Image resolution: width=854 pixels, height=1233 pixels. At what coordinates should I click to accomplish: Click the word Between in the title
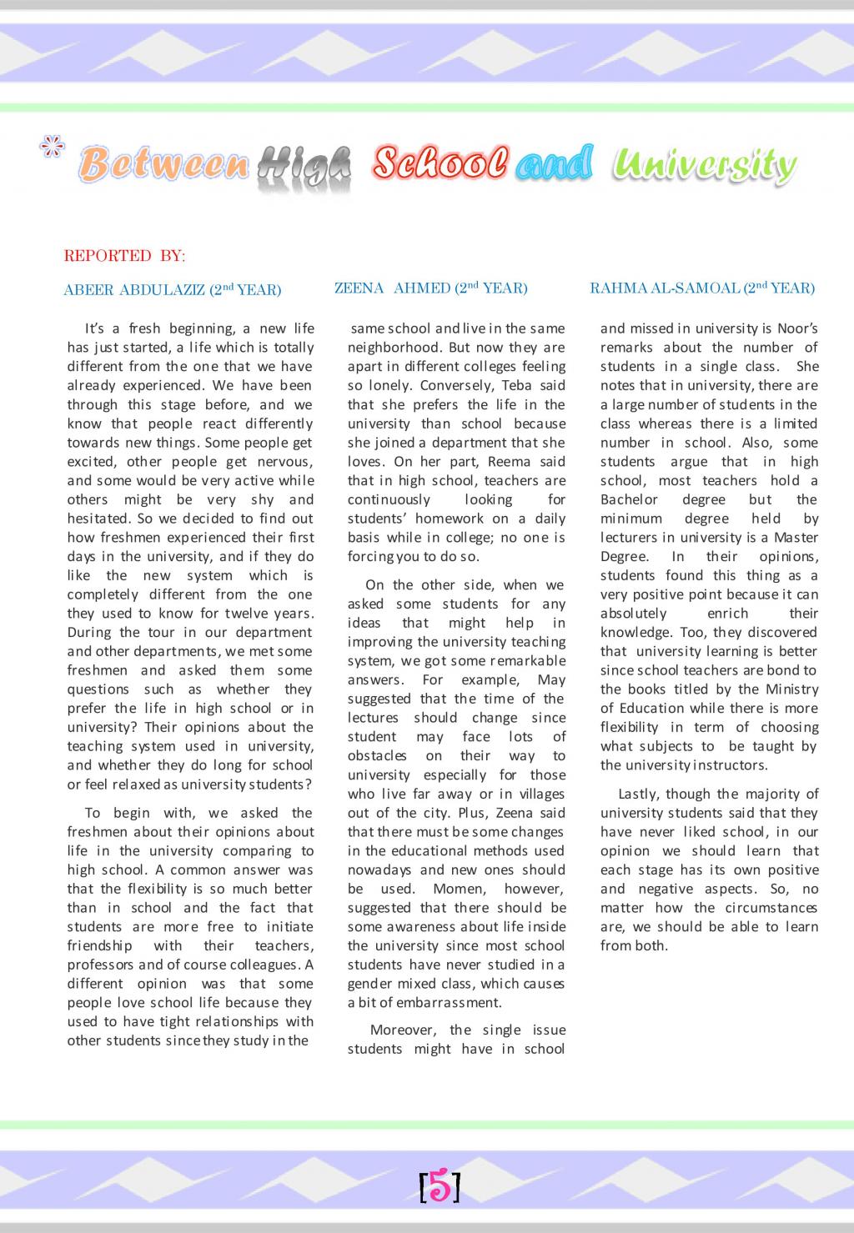coord(164,164)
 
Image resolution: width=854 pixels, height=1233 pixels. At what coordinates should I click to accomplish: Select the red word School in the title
coord(440,162)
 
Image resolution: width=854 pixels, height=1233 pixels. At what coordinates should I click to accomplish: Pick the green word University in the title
coord(703,165)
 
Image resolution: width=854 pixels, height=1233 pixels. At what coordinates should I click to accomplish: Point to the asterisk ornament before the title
coord(53,148)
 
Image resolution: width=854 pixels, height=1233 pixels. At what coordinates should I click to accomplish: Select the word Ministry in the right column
coord(791,689)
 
